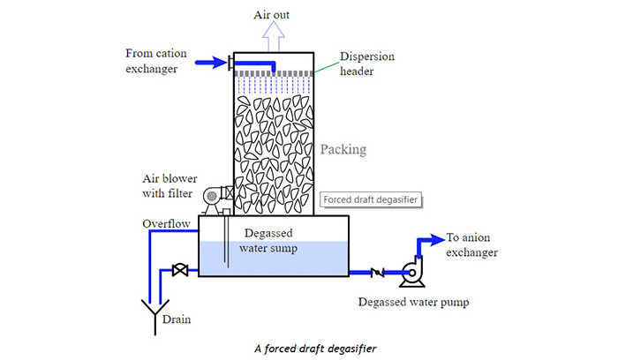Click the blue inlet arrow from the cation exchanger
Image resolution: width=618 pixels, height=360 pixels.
pyautogui.click(x=210, y=63)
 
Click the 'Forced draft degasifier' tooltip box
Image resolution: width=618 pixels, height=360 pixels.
pyautogui.click(x=370, y=199)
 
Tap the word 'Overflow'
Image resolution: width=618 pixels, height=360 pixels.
pyautogui.click(x=166, y=224)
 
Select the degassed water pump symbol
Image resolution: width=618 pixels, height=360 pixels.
pyautogui.click(x=411, y=272)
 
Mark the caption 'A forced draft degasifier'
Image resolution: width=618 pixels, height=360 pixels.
pyautogui.click(x=308, y=348)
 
